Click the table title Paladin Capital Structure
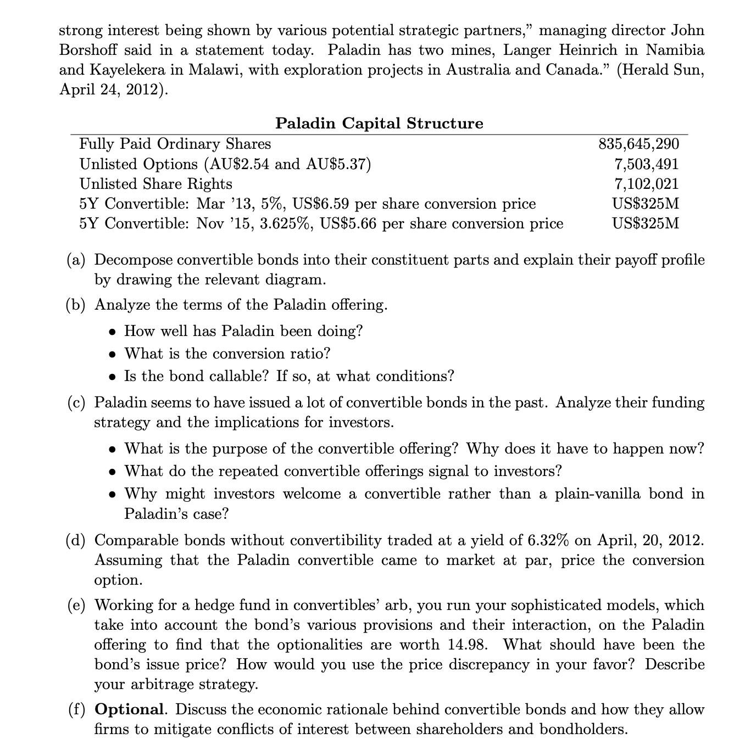(x=379, y=123)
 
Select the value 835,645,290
(x=638, y=144)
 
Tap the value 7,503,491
(x=646, y=164)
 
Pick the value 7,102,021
(x=646, y=184)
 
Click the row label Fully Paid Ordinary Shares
(x=175, y=144)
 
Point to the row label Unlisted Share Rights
(x=156, y=184)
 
